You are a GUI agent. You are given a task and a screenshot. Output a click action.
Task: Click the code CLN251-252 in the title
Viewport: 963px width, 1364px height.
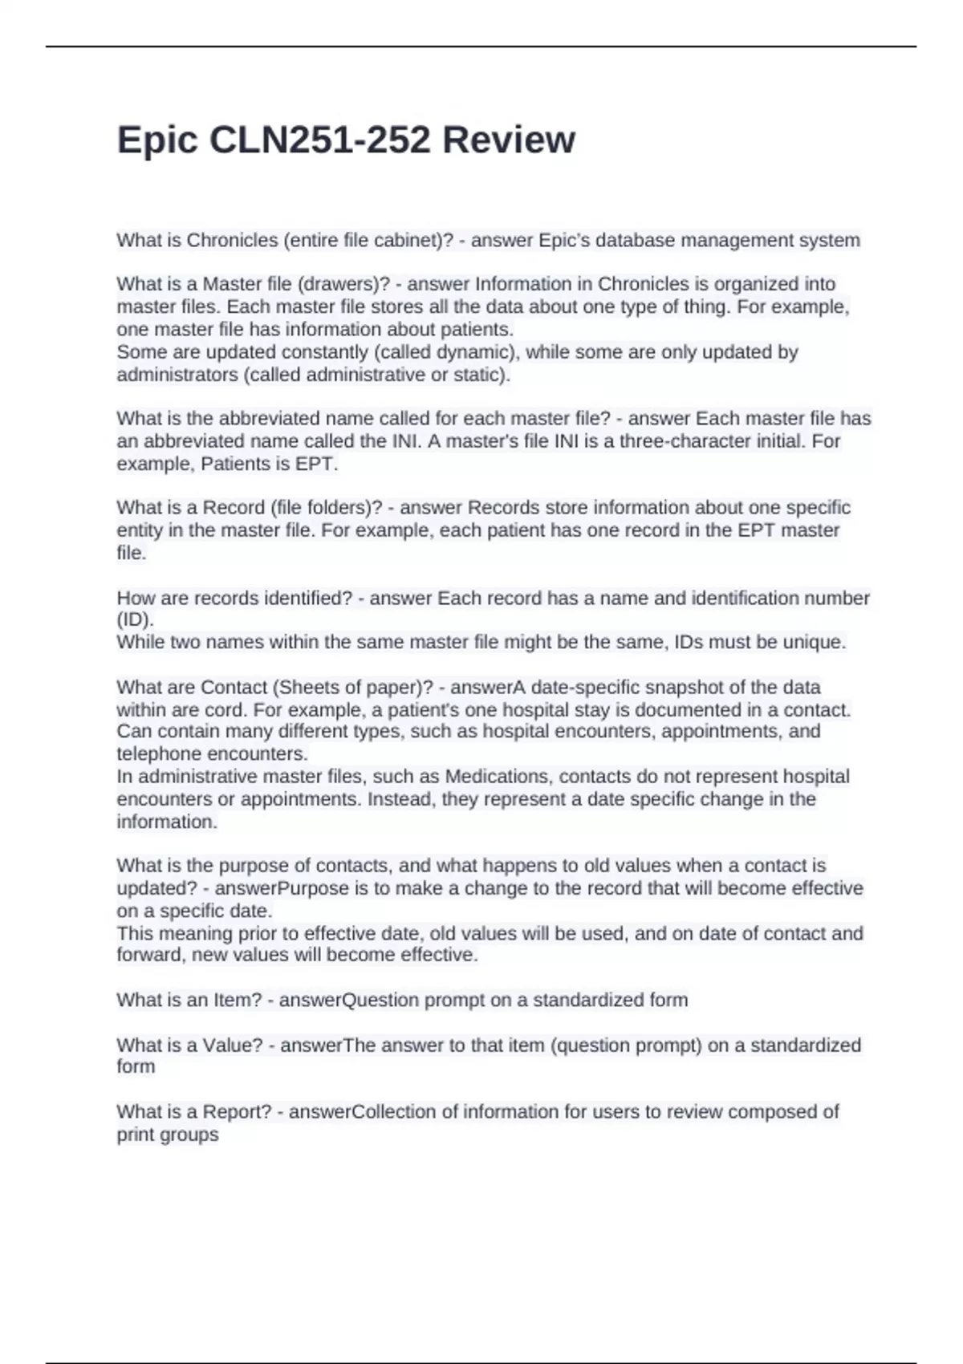(x=319, y=140)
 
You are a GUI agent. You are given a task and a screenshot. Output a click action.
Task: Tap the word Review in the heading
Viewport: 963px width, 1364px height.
(x=509, y=140)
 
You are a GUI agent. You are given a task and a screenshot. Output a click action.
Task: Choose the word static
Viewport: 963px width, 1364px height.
(x=481, y=375)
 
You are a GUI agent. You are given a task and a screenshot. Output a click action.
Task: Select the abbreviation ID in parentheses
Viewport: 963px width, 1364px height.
(x=134, y=620)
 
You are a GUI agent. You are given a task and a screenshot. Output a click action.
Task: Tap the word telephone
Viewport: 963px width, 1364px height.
(x=159, y=754)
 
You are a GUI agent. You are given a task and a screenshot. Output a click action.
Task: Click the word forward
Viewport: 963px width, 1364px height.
(x=148, y=955)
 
